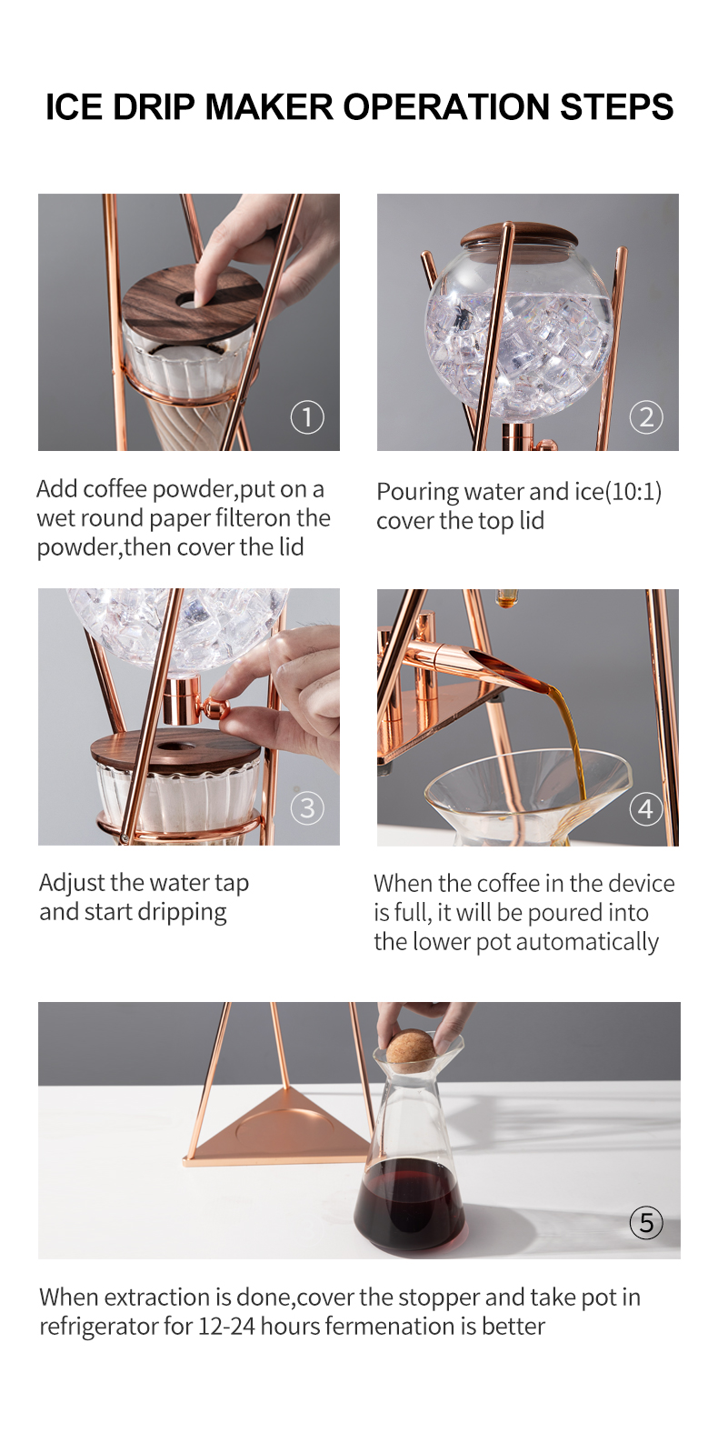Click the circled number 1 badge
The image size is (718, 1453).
point(307,417)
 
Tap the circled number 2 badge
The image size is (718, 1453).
point(646,417)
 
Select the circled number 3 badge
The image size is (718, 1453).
point(307,808)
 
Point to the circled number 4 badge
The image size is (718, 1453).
point(646,809)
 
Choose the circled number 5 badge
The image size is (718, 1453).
point(646,1223)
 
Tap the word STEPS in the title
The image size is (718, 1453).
point(617,107)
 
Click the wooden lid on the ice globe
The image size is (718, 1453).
point(518,235)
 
